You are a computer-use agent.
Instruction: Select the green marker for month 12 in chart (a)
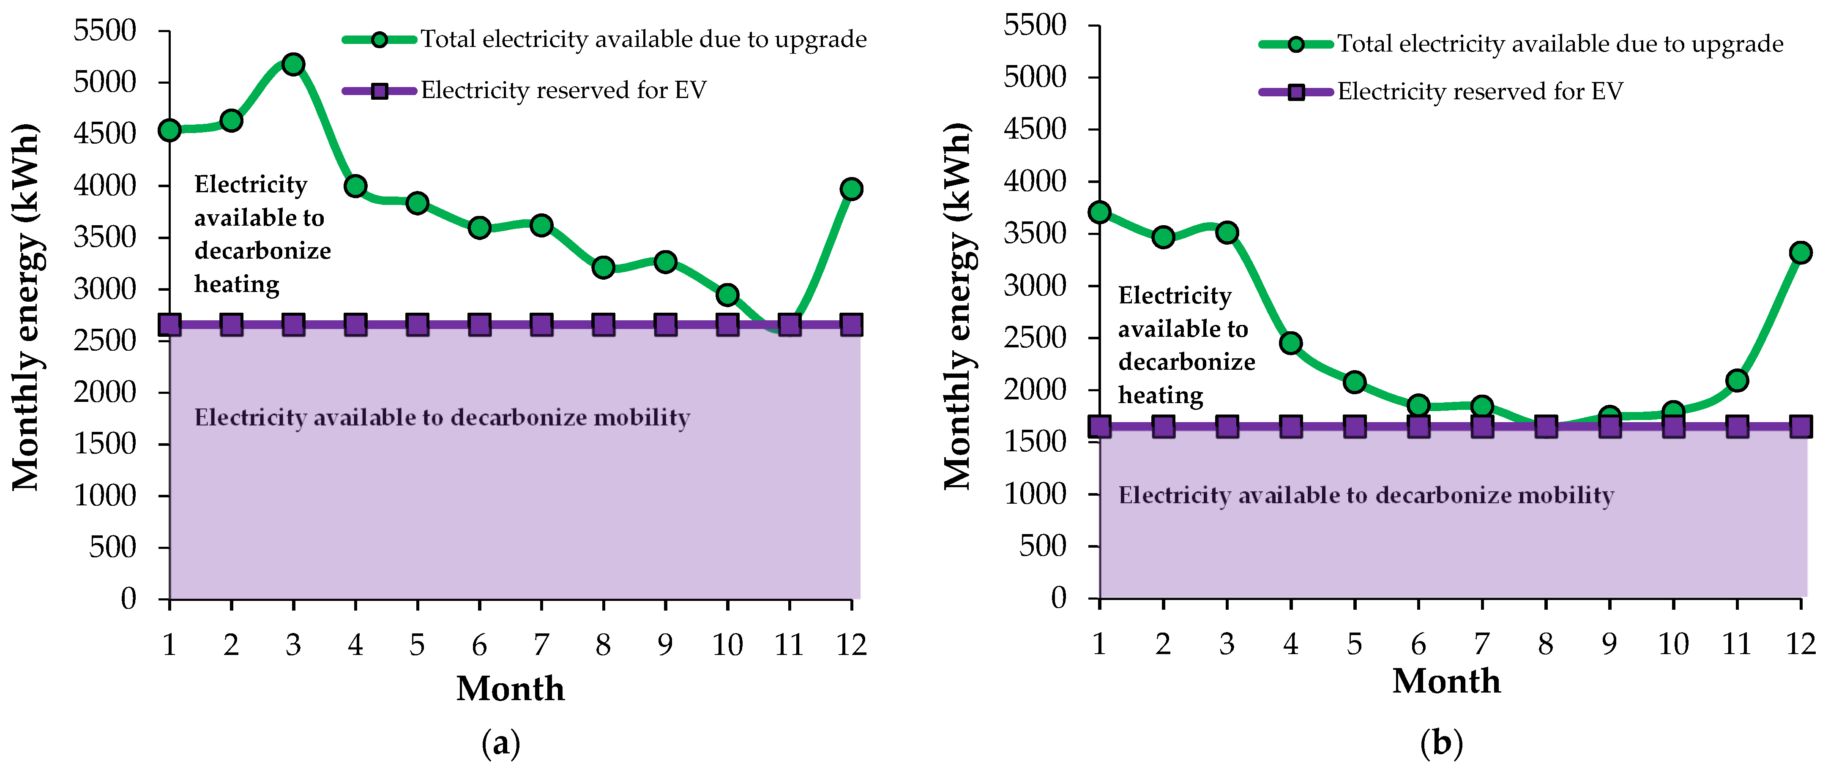click(851, 189)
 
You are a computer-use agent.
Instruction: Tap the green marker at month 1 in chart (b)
click(1099, 212)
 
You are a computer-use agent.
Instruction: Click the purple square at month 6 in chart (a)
click(479, 325)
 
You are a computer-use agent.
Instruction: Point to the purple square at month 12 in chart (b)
click(1801, 426)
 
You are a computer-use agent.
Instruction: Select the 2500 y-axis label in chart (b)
click(1035, 338)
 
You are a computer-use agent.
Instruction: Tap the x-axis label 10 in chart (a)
click(727, 645)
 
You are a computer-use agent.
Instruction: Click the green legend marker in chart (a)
click(379, 40)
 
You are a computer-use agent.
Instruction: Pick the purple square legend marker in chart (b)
click(1296, 92)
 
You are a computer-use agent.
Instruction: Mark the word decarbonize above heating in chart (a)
click(262, 251)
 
